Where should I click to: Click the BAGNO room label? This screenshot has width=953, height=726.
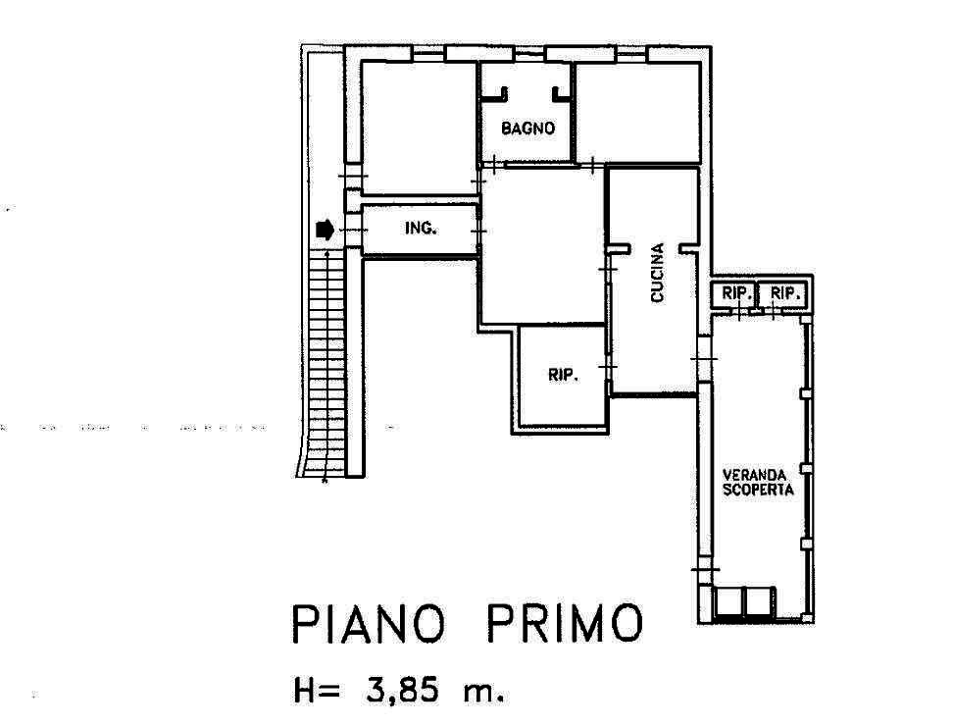(527, 128)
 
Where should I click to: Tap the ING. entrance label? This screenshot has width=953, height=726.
(422, 228)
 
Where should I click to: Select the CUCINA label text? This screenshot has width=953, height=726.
(657, 273)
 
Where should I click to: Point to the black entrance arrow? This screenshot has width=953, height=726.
(326, 230)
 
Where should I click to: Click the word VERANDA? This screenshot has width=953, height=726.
(754, 474)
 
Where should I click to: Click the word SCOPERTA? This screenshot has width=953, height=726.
(758, 490)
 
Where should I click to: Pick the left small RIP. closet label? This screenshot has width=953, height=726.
(737, 293)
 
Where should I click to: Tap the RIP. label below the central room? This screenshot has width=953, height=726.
(564, 375)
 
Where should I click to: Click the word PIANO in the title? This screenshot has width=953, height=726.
(369, 623)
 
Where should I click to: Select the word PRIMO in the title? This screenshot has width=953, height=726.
(565, 623)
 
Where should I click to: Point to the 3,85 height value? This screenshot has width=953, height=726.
(402, 691)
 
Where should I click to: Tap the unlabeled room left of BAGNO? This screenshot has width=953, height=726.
(419, 128)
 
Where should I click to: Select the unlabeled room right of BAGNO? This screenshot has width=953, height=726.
(638, 113)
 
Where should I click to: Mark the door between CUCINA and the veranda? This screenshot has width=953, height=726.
(704, 359)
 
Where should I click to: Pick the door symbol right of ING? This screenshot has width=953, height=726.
(478, 232)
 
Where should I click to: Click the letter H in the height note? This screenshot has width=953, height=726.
(305, 691)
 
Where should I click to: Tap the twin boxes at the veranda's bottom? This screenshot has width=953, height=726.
(745, 602)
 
